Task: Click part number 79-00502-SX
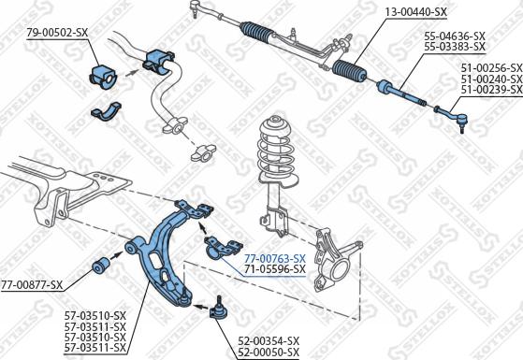coord(57,33)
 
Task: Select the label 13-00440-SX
coord(416,12)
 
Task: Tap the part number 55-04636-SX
coord(455,36)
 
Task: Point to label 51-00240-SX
coord(491,79)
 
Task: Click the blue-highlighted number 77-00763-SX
coord(275,258)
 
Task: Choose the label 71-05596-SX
coord(275,268)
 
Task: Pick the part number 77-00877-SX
coord(32,284)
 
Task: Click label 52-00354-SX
coord(269,340)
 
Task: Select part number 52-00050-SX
coord(269,352)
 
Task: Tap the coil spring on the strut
coord(276,150)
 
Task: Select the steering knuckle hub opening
coord(341,269)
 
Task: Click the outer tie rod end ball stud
coord(461,126)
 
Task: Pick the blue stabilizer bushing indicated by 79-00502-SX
coord(104,78)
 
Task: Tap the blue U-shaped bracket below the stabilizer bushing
coord(107,112)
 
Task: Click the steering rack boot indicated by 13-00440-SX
coord(349,71)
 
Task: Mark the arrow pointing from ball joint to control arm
coord(201,306)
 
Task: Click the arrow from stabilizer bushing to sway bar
coord(133,72)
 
